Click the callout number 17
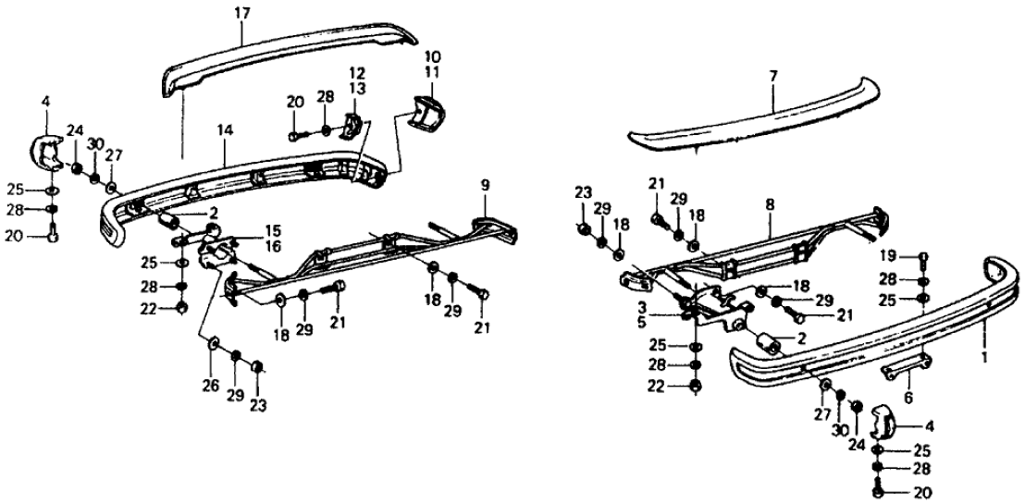[x=242, y=14]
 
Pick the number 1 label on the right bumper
[x=984, y=355]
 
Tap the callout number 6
[x=908, y=400]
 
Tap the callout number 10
[x=433, y=57]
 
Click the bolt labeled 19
[x=922, y=256]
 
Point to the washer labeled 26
[x=214, y=345]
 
